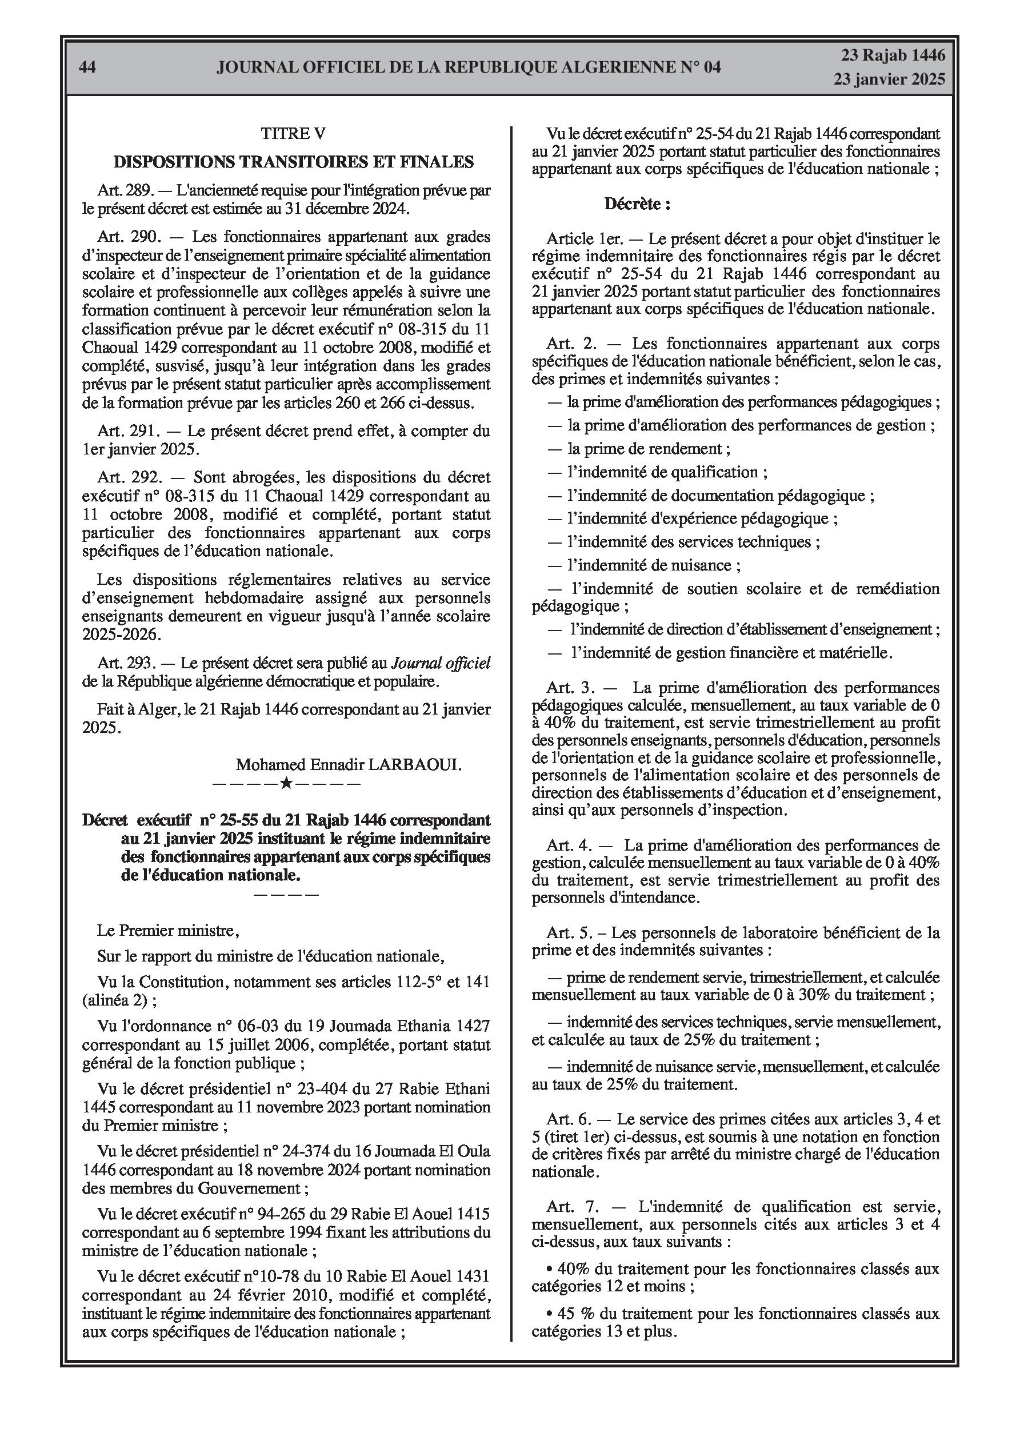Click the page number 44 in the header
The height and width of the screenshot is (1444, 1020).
coord(88,67)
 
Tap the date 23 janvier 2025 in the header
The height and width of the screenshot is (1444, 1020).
coord(889,79)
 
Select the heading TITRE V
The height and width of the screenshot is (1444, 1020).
coord(293,133)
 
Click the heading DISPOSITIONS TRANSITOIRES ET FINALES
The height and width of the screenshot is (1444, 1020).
coord(293,162)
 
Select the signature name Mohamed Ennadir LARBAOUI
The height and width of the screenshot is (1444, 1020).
coord(349,765)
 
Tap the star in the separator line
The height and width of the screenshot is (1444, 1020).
coord(286,784)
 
